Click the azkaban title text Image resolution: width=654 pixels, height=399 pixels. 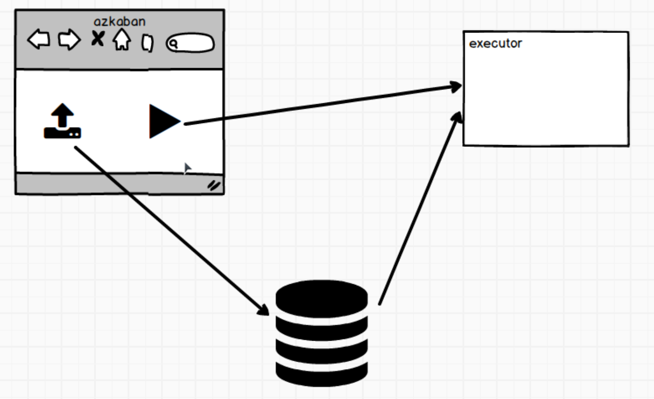tap(119, 21)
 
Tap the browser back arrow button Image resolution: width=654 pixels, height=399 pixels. tap(39, 40)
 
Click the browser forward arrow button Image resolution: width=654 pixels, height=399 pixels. tap(69, 40)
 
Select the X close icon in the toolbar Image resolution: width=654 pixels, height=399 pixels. tap(97, 39)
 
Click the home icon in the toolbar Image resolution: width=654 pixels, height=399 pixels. tap(121, 40)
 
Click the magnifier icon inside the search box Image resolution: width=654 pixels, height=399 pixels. tap(174, 44)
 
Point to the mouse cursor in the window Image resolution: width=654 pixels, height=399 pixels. tap(187, 168)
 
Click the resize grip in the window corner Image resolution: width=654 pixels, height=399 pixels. tap(214, 185)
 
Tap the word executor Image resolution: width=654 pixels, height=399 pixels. tap(495, 44)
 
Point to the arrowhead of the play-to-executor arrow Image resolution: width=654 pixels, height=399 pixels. tap(456, 86)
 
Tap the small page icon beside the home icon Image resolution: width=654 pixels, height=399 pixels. tap(147, 43)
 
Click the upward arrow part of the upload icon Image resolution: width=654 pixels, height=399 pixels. tap(62, 113)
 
